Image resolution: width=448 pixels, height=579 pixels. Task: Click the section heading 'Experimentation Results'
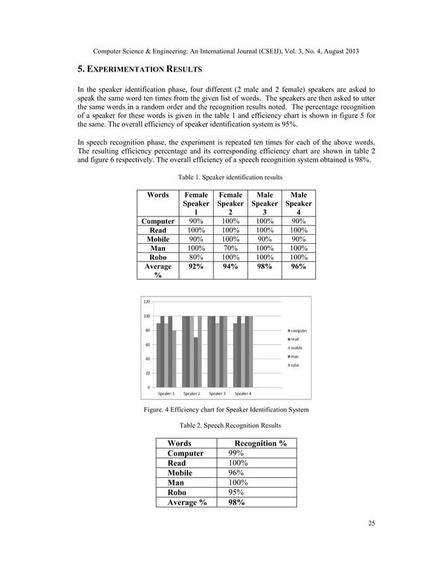click(x=139, y=69)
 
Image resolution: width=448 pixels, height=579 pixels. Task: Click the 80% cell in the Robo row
click(x=196, y=257)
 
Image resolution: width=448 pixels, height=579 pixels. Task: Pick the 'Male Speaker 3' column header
click(x=264, y=203)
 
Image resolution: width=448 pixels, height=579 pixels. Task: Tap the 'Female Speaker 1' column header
click(x=196, y=203)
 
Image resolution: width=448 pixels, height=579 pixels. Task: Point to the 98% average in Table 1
click(x=264, y=267)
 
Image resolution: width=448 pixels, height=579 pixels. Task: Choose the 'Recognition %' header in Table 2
click(x=260, y=443)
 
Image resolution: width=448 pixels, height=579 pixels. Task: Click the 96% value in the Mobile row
click(x=235, y=472)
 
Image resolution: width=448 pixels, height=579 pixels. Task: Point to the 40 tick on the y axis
click(x=147, y=359)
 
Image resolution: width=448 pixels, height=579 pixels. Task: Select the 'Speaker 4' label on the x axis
click(x=243, y=393)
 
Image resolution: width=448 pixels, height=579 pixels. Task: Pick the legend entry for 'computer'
click(x=298, y=330)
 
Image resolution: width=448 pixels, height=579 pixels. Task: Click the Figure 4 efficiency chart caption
click(x=223, y=409)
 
